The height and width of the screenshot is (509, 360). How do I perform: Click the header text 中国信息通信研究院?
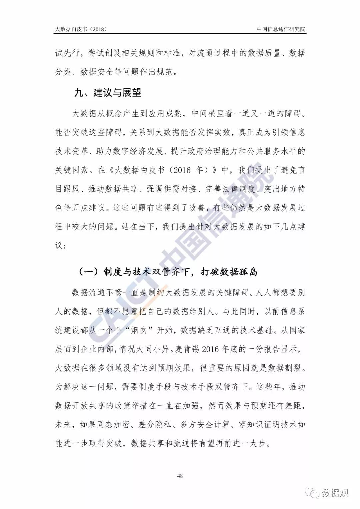(x=281, y=29)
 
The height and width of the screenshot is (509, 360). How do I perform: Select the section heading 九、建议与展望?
(x=108, y=92)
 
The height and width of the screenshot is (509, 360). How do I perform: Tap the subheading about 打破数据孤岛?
(x=168, y=272)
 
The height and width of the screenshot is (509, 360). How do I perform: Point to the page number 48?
(x=180, y=476)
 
